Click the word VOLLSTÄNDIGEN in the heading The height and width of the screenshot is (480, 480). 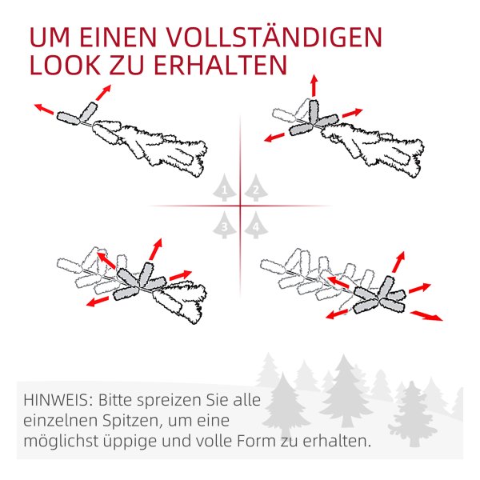pos(274,37)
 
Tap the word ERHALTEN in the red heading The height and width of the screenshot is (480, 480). pos(220,66)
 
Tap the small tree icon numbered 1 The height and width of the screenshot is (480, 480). pos(225,188)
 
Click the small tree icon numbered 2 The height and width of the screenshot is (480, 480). pos(256,188)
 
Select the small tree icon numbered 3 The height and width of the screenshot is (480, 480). pos(225,225)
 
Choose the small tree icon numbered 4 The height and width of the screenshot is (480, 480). pos(256,225)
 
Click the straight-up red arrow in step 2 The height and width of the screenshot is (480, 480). pos(314,86)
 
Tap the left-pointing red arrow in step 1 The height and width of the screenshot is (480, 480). pos(44,109)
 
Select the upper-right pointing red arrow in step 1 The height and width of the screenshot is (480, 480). pos(103,93)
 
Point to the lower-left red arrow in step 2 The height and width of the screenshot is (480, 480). pos(274,137)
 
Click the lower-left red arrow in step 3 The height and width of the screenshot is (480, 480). pos(98,302)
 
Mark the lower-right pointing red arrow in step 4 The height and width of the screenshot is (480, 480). pos(426,316)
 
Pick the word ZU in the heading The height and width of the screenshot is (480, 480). pos(127,66)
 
